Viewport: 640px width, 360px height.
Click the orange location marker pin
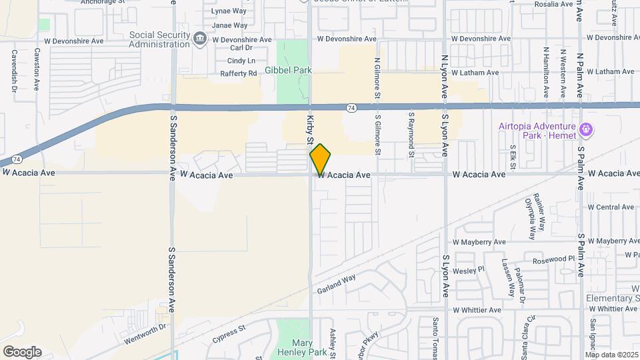coord(320,159)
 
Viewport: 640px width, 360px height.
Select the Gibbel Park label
coord(288,70)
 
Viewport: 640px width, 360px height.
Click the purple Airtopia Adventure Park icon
coord(585,128)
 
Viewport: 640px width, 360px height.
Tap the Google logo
coord(22,351)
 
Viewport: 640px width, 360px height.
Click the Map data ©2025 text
coord(611,354)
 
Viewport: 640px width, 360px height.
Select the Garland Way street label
coord(337,283)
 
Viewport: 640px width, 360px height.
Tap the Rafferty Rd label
coord(239,73)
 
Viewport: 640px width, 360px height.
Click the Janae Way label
coord(229,25)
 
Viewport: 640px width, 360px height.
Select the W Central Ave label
coord(610,207)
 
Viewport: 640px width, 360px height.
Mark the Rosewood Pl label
coord(549,258)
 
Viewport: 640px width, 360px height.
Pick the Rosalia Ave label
coord(553,4)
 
